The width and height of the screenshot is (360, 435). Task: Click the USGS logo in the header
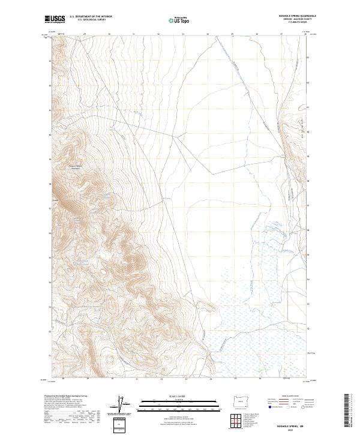coord(55,19)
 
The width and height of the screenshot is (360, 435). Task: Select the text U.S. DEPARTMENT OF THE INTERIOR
coord(91,17)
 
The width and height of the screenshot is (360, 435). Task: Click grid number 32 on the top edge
coord(158,34)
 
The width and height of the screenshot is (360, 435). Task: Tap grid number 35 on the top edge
coord(232,34)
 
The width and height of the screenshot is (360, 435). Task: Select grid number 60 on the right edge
coord(308,131)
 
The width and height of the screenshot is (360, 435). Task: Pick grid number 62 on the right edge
coord(308,82)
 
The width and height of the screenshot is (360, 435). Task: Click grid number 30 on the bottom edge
coord(112,379)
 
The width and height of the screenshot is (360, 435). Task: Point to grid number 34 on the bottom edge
coord(211,379)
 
